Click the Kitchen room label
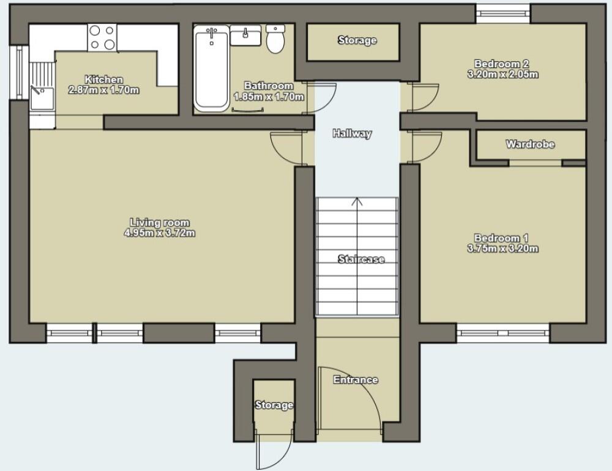coord(103,80)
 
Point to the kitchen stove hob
coord(102,37)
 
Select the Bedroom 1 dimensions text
coord(501,249)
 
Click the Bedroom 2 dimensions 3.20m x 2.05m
coord(501,75)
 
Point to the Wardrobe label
coord(530,144)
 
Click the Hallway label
coord(352,133)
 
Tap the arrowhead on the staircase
coord(357,201)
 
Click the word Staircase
coord(361,259)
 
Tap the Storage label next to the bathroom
coord(357,40)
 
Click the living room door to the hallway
coord(286,147)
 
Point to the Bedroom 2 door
coord(425,97)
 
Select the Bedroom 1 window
coord(502,333)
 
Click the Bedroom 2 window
coord(503,12)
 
